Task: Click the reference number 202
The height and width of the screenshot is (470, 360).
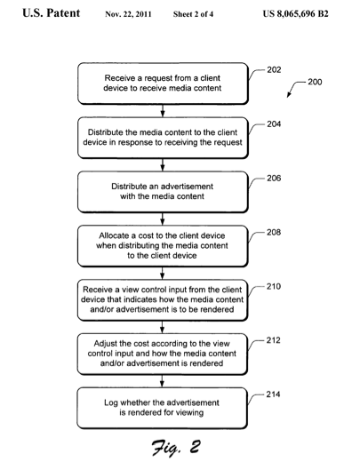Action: click(274, 70)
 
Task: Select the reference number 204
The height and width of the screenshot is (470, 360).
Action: click(274, 124)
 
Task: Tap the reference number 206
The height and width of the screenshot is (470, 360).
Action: click(274, 178)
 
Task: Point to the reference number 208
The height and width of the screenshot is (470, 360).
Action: click(274, 232)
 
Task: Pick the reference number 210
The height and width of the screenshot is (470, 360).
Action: click(274, 286)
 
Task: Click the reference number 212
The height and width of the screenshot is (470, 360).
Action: click(273, 340)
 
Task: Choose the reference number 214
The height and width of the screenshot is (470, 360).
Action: click(273, 394)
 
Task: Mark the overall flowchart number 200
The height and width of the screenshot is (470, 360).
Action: click(315, 82)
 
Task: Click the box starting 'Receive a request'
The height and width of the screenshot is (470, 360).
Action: click(163, 84)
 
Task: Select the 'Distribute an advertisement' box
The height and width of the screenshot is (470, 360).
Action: click(163, 192)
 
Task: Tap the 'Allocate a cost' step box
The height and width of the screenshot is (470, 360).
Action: click(163, 246)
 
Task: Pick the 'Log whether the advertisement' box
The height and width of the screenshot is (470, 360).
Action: click(163, 408)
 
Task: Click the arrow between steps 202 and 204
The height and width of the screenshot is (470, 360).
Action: click(163, 110)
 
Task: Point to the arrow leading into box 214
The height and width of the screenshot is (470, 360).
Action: click(162, 381)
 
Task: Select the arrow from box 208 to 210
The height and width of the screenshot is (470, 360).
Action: click(163, 273)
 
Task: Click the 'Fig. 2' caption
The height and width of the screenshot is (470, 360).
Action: click(176, 448)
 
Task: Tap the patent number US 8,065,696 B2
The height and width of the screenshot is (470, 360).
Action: click(295, 14)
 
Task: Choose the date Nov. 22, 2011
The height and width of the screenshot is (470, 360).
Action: click(128, 14)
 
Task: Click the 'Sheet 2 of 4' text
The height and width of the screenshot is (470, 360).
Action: click(193, 14)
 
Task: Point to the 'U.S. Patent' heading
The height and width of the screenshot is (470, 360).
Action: click(52, 13)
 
